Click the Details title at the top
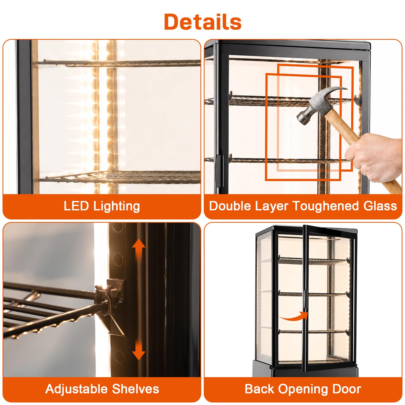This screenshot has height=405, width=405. pyautogui.click(x=203, y=22)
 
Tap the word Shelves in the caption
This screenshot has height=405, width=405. pyautogui.click(x=135, y=389)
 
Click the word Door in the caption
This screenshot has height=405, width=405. pyautogui.click(x=347, y=389)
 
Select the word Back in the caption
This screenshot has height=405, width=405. pyautogui.click(x=259, y=389)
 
